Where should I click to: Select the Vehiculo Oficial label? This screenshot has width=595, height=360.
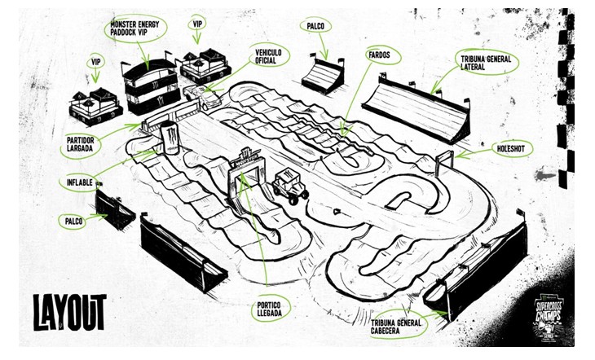[268, 56]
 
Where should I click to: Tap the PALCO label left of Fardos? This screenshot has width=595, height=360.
[317, 26]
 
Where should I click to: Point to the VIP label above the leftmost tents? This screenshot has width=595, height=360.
[95, 62]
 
